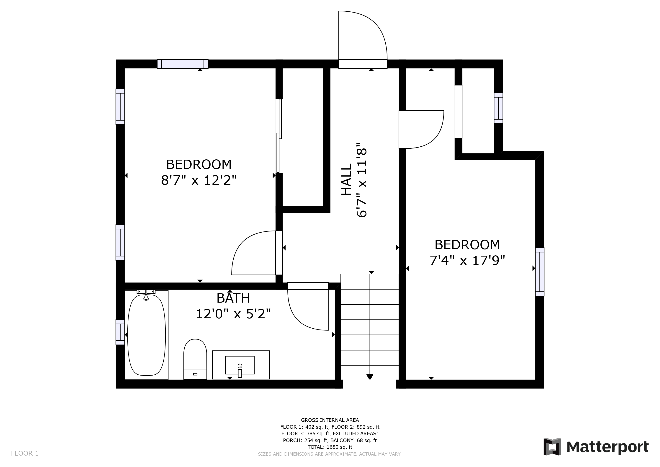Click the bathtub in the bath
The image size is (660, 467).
(147, 335)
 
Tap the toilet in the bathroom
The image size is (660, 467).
(195, 359)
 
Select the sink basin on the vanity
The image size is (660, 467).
(240, 365)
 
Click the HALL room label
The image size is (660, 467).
(346, 179)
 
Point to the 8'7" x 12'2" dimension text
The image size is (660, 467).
(199, 180)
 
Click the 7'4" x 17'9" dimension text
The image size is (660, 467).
(467, 261)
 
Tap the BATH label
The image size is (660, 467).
(233, 298)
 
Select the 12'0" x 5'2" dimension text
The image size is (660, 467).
(233, 314)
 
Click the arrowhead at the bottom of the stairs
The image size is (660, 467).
(370, 377)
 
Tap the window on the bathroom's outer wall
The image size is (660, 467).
(120, 332)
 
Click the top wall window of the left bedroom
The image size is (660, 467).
(183, 64)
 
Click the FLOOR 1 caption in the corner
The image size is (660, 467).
(25, 454)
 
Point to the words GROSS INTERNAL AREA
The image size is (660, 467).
(330, 420)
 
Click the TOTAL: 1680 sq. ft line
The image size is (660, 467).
(330, 447)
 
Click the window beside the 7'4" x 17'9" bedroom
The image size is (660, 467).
(540, 272)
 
